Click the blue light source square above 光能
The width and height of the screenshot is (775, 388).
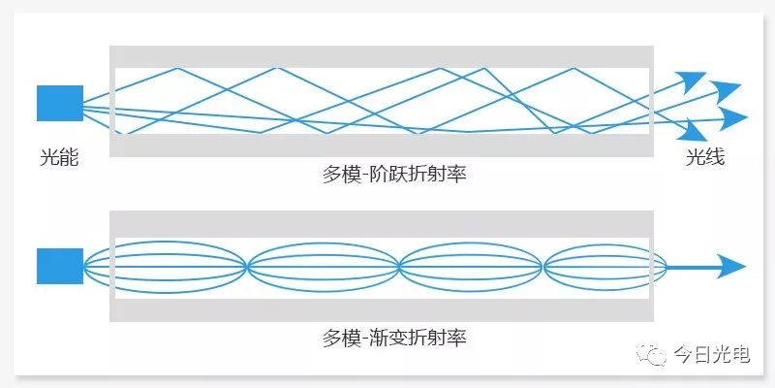pos(60,103)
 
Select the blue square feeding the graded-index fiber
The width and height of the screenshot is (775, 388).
pos(60,266)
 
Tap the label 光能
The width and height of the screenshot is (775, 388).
pos(59,158)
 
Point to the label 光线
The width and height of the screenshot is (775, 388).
pos(705,157)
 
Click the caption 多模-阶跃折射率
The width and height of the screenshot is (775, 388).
pos(394,175)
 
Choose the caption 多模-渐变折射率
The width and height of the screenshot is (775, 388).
pos(394,338)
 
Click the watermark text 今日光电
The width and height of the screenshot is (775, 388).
pos(712,354)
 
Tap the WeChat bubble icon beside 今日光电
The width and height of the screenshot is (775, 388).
pos(651,354)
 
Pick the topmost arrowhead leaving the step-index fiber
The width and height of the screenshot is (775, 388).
pos(692,80)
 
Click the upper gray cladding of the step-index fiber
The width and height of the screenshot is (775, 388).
pos(382,56)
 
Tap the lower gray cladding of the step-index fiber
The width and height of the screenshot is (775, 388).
pos(382,145)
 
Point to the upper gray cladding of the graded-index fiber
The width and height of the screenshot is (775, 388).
pos(382,224)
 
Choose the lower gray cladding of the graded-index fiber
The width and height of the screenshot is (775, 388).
pos(382,310)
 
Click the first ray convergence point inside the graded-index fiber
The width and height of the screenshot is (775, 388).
pos(247,267)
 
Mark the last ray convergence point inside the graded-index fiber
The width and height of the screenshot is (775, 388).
pos(543,267)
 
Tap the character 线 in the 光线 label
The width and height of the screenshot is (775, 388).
pos(715,157)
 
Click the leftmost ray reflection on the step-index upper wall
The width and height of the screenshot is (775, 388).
pos(177,68)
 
